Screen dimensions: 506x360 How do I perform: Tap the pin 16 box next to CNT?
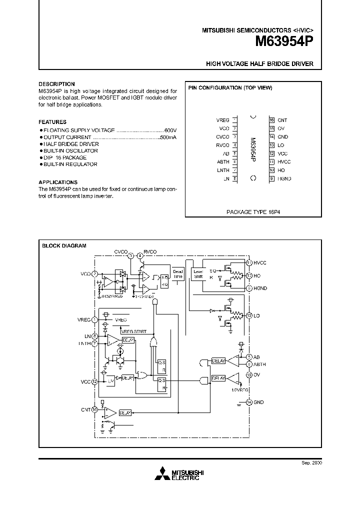coord(271,120)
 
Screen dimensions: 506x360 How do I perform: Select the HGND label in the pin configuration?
coord(284,178)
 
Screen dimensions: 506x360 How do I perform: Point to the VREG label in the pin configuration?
coord(223,120)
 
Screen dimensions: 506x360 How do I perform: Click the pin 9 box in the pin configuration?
coord(271,178)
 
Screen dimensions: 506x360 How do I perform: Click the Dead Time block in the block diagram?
coord(178,273)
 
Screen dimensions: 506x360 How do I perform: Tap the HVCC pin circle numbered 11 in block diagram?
coord(248,262)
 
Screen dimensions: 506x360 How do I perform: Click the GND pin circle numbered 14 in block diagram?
coord(248,402)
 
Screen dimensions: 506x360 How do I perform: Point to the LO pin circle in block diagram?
coord(248,315)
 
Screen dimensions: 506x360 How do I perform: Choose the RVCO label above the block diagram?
coord(150,251)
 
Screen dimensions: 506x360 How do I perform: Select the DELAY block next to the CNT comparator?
coord(125,413)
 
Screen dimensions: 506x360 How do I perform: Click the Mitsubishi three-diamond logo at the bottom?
coord(163,474)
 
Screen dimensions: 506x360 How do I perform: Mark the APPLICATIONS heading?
coord(58,182)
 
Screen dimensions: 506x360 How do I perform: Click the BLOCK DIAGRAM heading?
coord(64,245)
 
